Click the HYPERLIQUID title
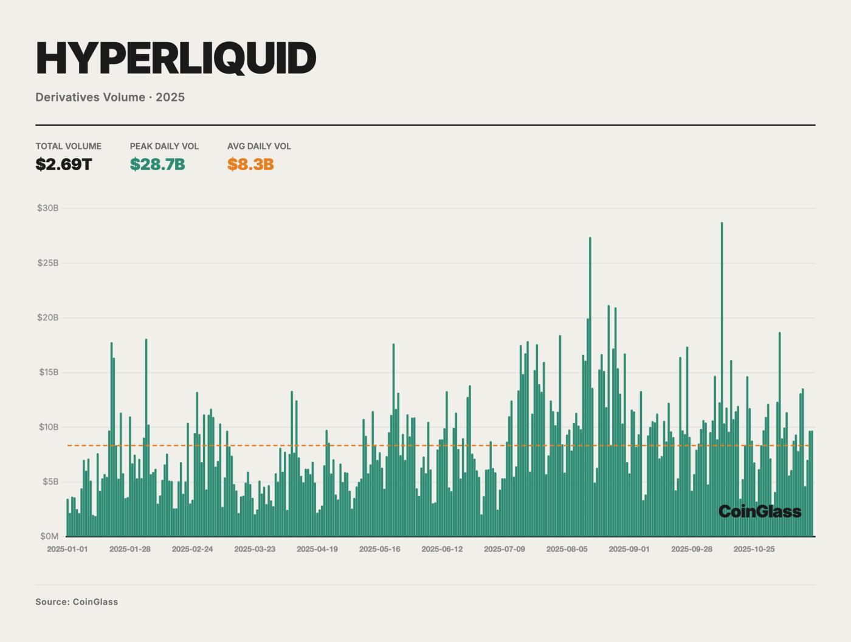pos(176,58)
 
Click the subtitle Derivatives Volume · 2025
pos(110,97)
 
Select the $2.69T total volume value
pos(63,164)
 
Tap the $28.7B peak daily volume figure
pos(157,164)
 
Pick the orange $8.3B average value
pos(250,164)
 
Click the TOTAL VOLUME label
pos(68,146)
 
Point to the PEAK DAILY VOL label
pos(164,146)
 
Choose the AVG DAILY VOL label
pos(259,146)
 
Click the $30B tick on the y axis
pos(47,208)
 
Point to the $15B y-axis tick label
pos(47,372)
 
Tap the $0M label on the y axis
pos(49,536)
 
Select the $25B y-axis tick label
pos(47,263)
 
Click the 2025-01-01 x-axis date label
pos(67,549)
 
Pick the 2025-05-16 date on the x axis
pos(379,549)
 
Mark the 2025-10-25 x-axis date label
pos(754,549)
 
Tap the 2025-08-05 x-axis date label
pos(567,549)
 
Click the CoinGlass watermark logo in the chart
pos(759,511)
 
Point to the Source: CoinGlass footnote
pos(77,602)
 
